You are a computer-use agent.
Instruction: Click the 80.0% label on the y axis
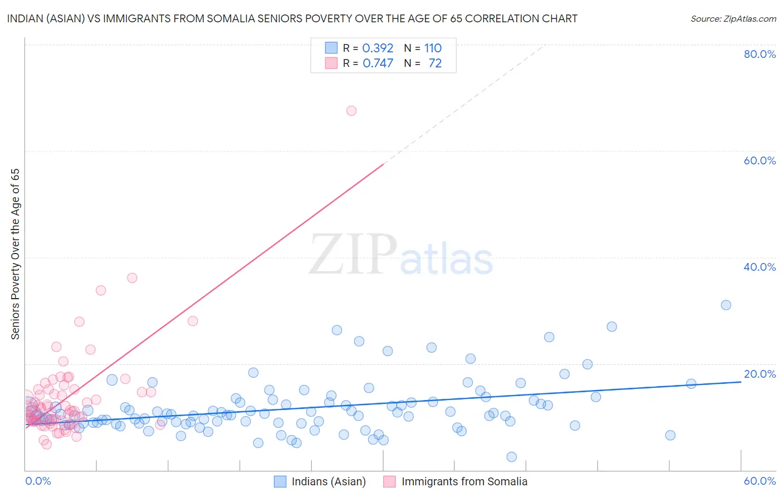click(x=760, y=54)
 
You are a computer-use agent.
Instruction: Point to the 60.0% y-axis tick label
click(x=760, y=160)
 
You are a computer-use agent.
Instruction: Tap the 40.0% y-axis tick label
click(x=760, y=267)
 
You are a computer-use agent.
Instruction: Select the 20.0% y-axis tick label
click(x=760, y=374)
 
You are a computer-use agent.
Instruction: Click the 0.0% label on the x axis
click(x=38, y=481)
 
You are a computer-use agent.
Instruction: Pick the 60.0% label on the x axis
click(x=760, y=481)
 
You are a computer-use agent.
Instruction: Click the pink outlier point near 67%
click(x=351, y=111)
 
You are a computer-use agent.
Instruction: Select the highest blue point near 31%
click(x=726, y=305)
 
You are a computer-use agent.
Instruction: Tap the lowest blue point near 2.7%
click(x=511, y=457)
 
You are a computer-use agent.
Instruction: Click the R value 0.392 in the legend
click(x=378, y=48)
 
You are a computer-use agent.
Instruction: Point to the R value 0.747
click(x=378, y=64)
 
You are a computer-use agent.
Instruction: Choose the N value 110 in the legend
click(x=433, y=48)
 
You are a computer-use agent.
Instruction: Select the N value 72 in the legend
click(x=435, y=64)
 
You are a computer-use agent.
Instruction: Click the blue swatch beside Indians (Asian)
click(x=280, y=481)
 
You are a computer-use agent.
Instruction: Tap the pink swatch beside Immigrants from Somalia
click(x=390, y=481)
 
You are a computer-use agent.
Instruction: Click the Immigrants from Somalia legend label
click(x=464, y=481)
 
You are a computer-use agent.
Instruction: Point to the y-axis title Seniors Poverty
click(x=15, y=254)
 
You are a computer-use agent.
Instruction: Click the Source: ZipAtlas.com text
click(x=733, y=19)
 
